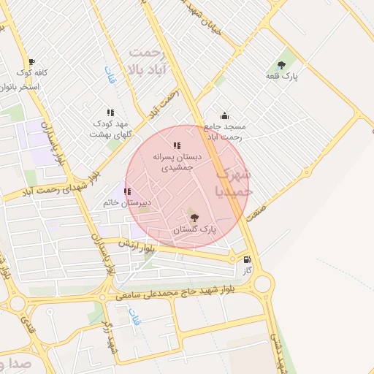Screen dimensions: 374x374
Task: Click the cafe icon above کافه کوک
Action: coord(31,62)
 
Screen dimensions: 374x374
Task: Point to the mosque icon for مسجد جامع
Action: coord(224,115)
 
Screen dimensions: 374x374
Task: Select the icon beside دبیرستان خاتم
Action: coord(127,192)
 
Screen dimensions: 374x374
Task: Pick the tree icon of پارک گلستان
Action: coord(194,218)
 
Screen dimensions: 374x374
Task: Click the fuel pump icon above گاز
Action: coord(247,259)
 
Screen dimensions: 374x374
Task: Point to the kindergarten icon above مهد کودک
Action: coord(110,112)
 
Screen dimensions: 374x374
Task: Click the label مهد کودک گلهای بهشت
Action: coord(109,129)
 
